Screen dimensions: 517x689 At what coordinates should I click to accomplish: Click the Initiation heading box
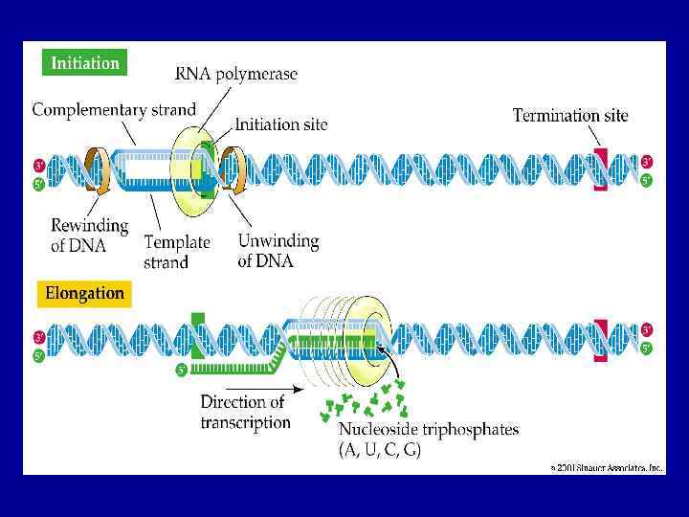click(85, 63)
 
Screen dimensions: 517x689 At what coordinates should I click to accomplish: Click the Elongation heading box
click(85, 293)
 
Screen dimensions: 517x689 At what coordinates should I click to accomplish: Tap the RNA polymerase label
click(236, 74)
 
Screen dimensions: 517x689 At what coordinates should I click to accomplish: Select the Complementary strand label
click(114, 109)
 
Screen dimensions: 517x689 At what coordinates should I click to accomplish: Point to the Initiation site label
click(281, 124)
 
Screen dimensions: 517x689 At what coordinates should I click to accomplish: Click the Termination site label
click(570, 116)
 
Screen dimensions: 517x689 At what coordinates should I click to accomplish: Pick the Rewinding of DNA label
click(89, 235)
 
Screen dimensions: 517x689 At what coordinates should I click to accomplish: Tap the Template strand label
click(176, 252)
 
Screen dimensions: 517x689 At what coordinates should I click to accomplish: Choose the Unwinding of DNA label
click(278, 251)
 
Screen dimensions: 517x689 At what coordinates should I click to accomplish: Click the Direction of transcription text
click(245, 412)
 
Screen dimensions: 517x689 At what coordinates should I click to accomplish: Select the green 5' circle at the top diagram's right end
click(647, 180)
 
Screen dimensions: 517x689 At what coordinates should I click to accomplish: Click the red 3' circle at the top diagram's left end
click(38, 163)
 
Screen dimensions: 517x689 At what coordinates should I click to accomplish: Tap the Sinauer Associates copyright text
click(606, 468)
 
